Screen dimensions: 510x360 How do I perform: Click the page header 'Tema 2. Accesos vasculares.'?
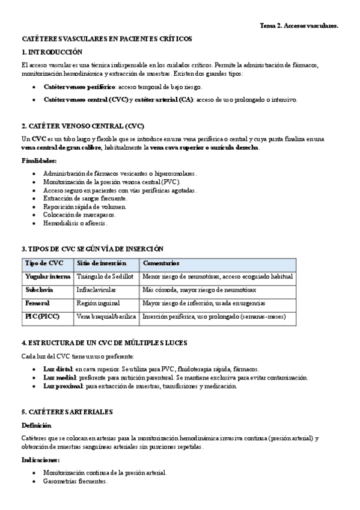coord(299,26)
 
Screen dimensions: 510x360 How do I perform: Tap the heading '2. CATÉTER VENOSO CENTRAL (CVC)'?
coord(82,126)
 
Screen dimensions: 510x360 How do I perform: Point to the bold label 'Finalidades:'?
coord(39,161)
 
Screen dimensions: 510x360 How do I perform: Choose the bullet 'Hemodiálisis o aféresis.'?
coord(75,223)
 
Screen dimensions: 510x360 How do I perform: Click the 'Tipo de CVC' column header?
coord(44,263)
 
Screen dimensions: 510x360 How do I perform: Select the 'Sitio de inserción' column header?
coord(102,263)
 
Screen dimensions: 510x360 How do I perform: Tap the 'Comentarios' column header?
coord(161,263)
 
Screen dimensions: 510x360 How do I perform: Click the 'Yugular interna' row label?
coord(47,277)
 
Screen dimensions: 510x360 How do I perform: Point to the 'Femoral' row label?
coord(37,303)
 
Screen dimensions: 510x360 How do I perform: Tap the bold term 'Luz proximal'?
coord(63,386)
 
